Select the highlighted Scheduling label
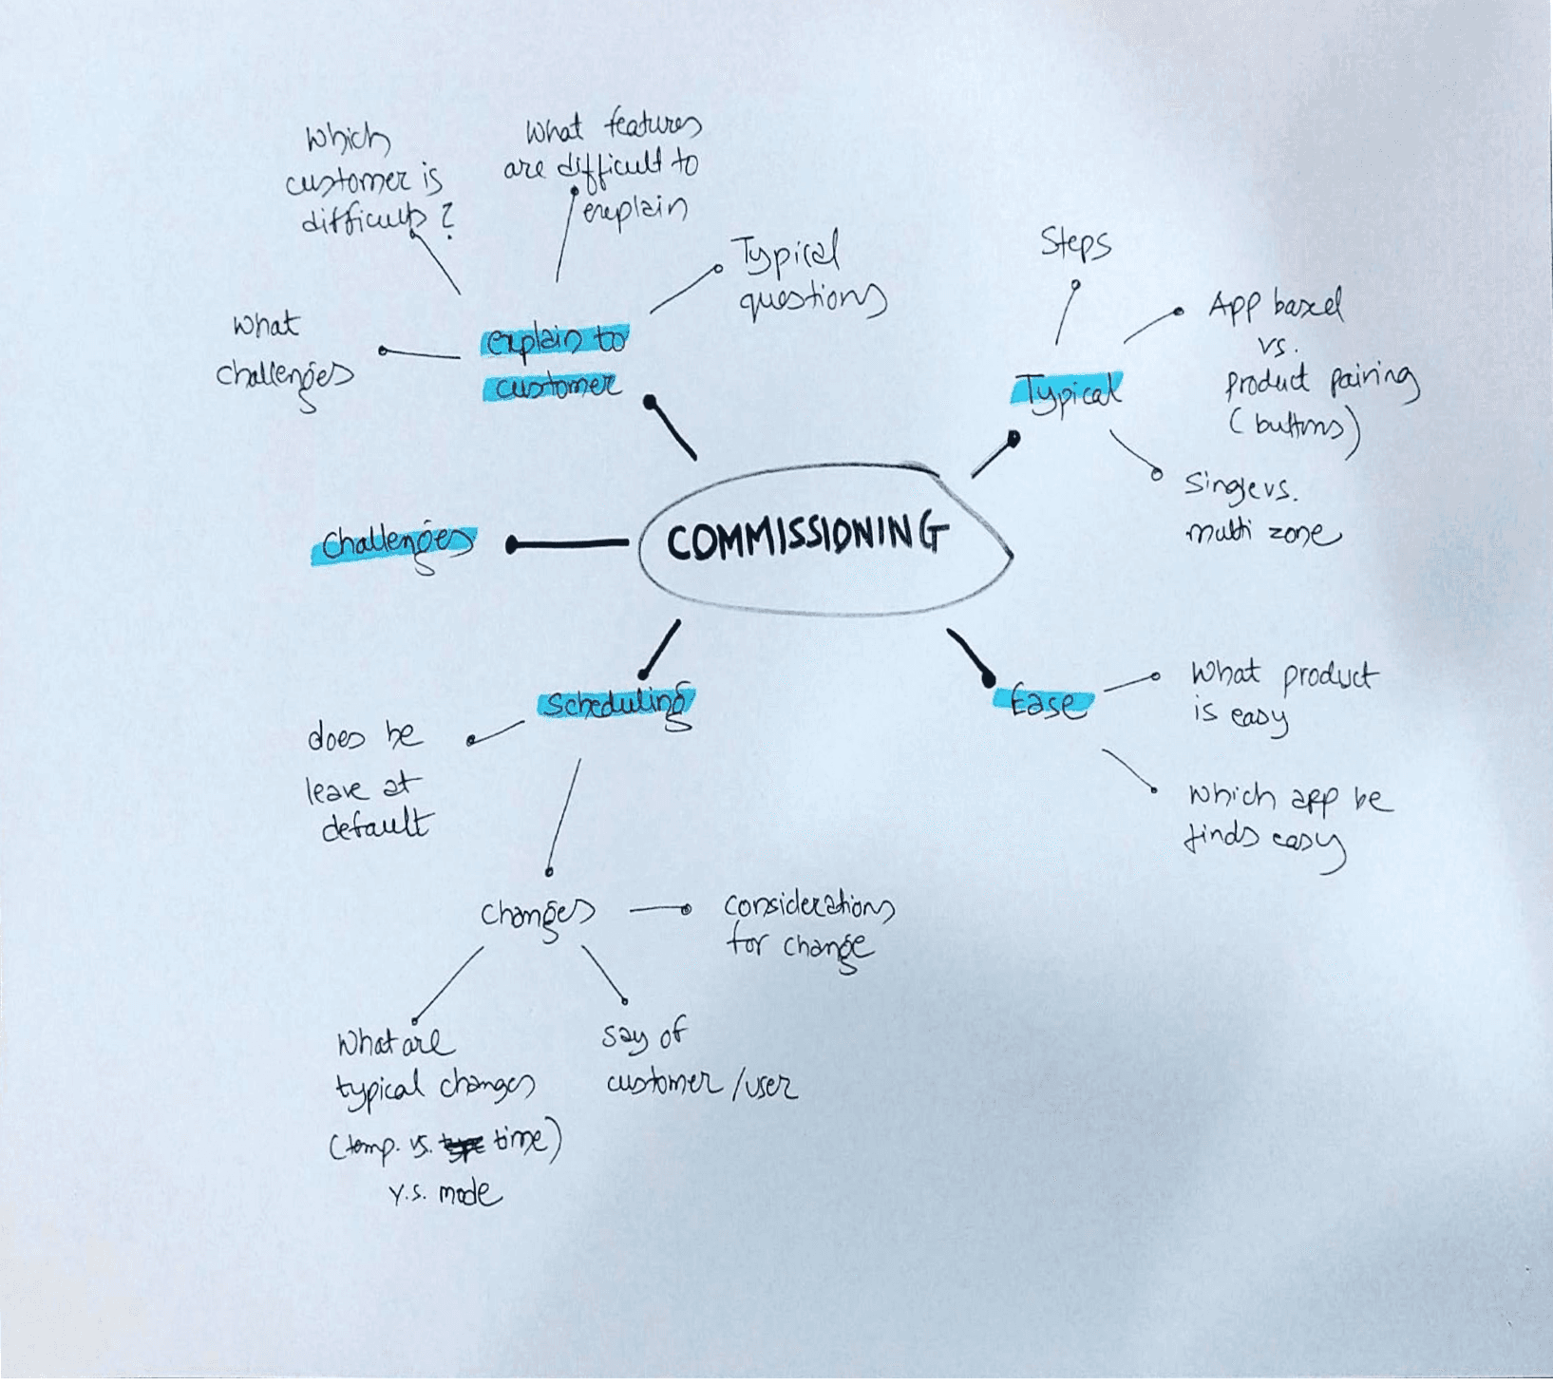616,704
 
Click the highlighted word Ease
1043,702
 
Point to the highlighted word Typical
1069,392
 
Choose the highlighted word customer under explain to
557,386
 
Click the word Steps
1075,243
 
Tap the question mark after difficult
447,220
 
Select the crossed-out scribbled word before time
464,1148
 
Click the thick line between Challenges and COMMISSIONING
570,544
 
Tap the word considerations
808,907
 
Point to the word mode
469,1193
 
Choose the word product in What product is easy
1329,676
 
